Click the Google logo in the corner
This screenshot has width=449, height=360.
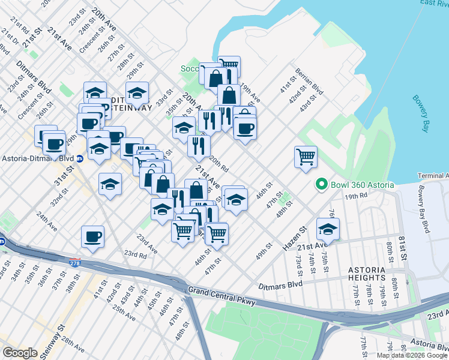tap(20, 353)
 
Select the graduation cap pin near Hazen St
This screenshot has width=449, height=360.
tap(328, 228)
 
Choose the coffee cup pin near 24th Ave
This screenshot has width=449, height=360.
tap(92, 236)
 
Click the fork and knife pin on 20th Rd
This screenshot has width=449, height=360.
tap(198, 145)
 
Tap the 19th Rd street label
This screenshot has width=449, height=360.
tap(355, 196)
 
